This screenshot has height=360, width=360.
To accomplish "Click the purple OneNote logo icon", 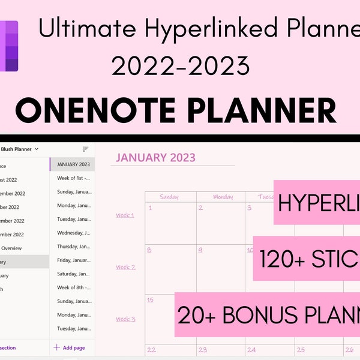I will [9, 46].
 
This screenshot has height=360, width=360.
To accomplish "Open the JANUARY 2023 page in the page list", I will [73, 164].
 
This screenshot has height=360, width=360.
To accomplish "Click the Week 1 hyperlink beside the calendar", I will [125, 215].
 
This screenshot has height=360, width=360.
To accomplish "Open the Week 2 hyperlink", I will [125, 267].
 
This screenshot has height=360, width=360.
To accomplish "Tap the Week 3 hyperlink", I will [125, 319].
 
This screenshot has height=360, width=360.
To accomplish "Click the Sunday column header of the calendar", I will [170, 197].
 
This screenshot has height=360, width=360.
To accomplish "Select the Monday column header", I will [223, 197].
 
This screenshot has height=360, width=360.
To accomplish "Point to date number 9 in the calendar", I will [200, 250].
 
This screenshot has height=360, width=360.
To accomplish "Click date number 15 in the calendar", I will [151, 300].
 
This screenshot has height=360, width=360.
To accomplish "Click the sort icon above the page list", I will [85, 149].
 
